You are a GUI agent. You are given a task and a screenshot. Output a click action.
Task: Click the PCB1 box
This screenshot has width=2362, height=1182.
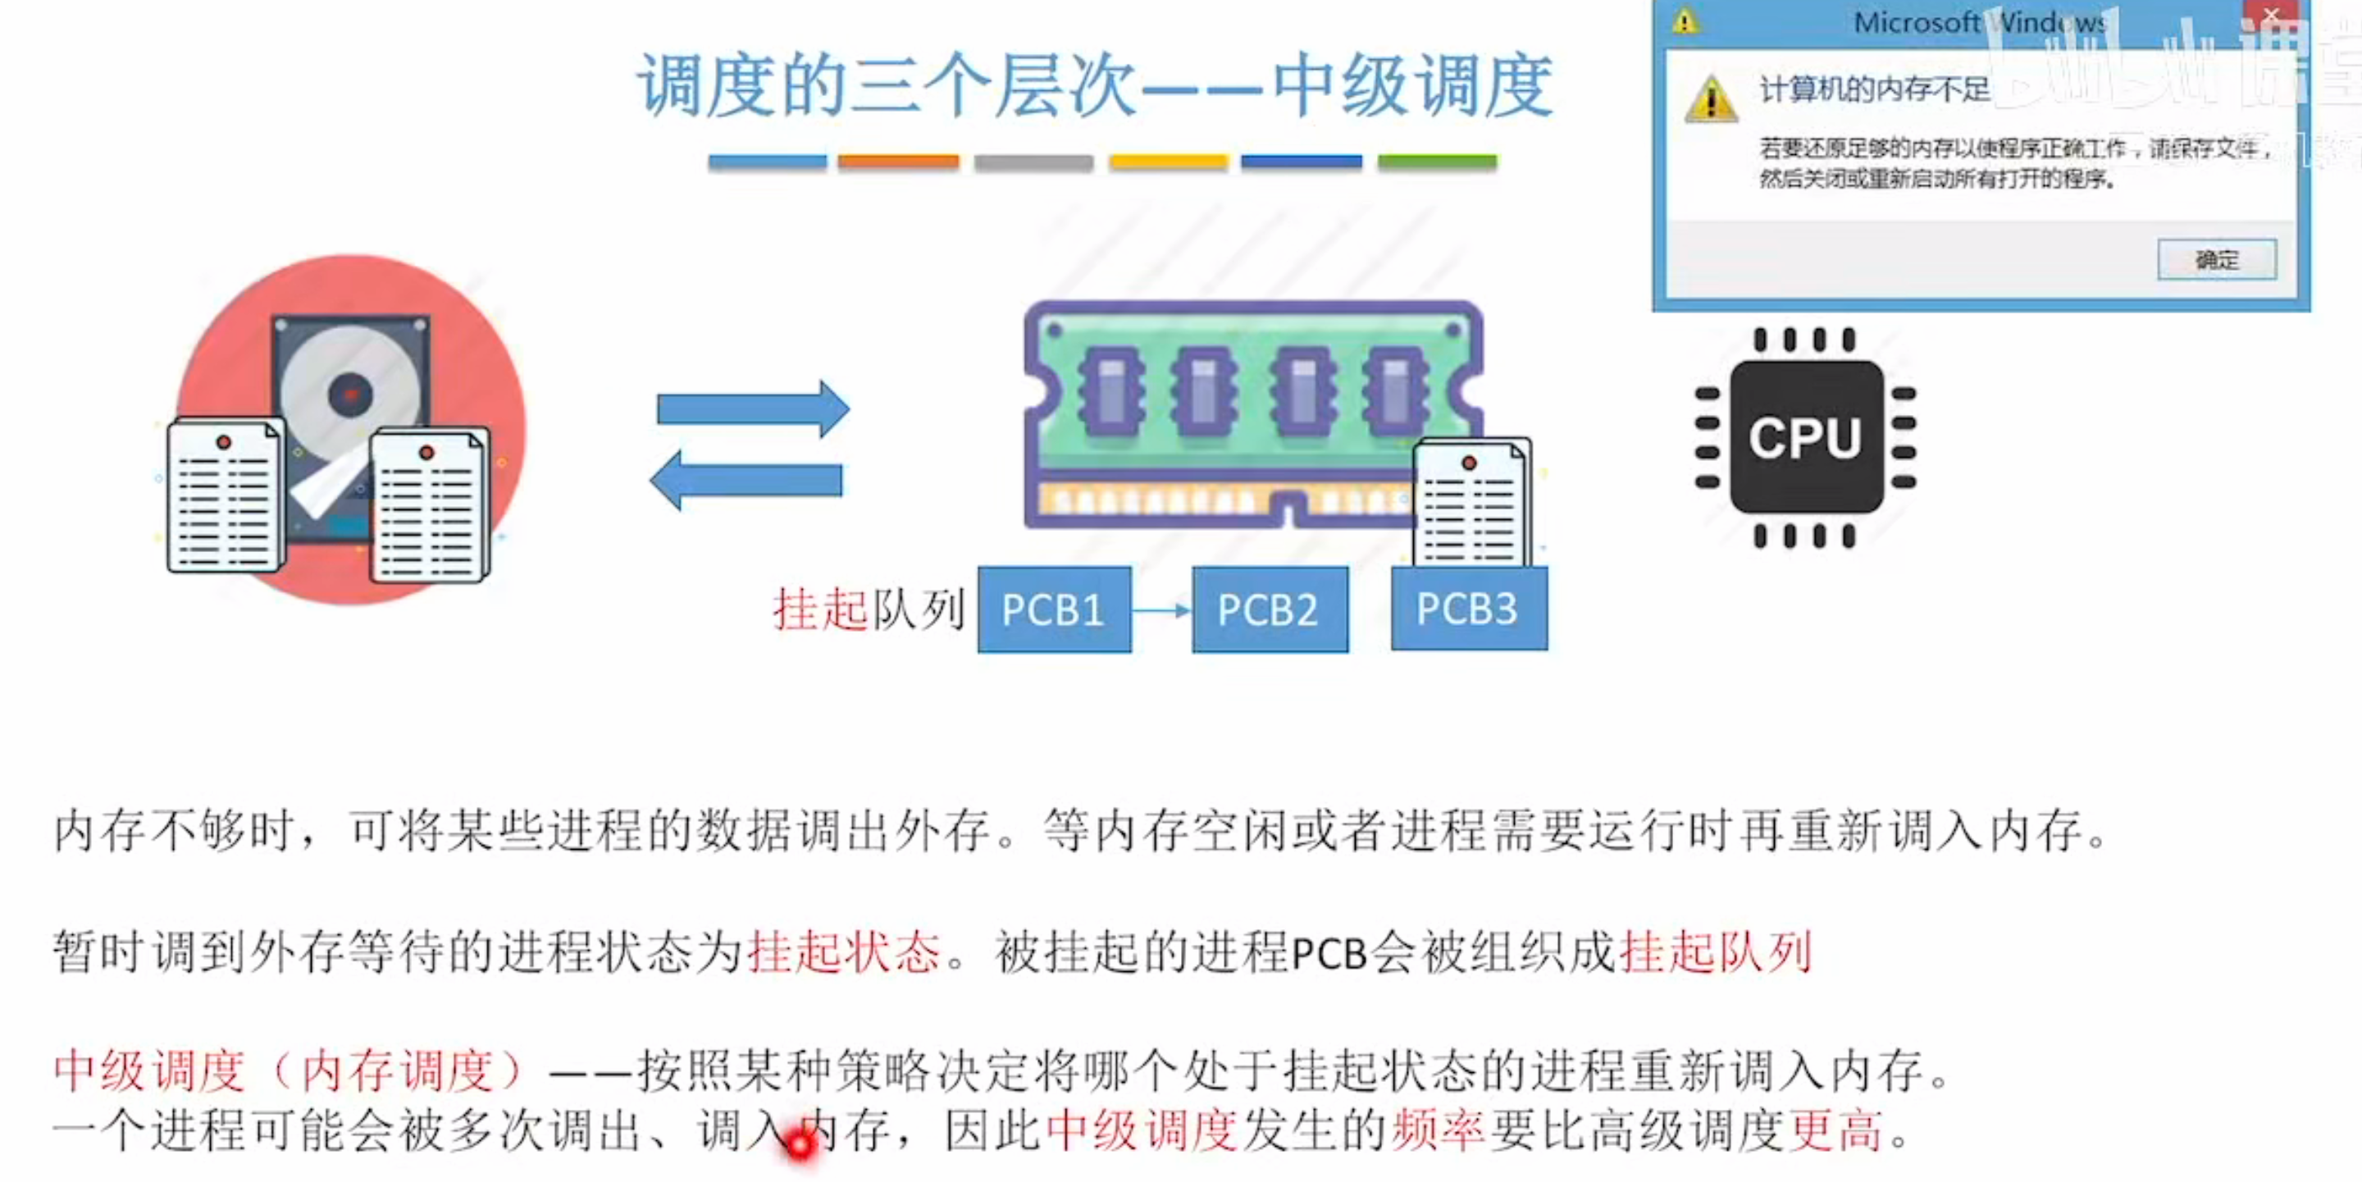click(1054, 609)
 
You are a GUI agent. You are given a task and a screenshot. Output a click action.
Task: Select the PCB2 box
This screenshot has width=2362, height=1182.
click(1269, 609)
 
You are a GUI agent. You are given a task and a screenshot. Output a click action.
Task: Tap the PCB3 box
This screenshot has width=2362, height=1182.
click(1468, 609)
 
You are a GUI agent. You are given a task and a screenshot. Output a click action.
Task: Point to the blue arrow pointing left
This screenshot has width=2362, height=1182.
click(746, 480)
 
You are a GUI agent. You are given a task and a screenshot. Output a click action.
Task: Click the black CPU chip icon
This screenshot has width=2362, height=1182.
click(1805, 437)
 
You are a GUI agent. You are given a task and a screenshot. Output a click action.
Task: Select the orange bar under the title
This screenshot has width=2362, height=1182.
click(898, 162)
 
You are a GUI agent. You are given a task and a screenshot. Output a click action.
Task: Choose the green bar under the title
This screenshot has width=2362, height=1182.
click(1437, 162)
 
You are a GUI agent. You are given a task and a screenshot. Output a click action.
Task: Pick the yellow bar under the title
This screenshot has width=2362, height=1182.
click(1167, 162)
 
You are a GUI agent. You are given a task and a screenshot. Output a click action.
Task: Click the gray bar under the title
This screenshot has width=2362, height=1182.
click(1033, 162)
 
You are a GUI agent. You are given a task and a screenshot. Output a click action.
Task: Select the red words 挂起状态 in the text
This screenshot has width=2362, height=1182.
click(844, 952)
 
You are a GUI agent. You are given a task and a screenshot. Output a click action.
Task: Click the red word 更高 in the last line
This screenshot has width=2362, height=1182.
click(1835, 1130)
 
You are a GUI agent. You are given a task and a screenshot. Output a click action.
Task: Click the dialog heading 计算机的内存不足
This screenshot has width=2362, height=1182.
click(1874, 89)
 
